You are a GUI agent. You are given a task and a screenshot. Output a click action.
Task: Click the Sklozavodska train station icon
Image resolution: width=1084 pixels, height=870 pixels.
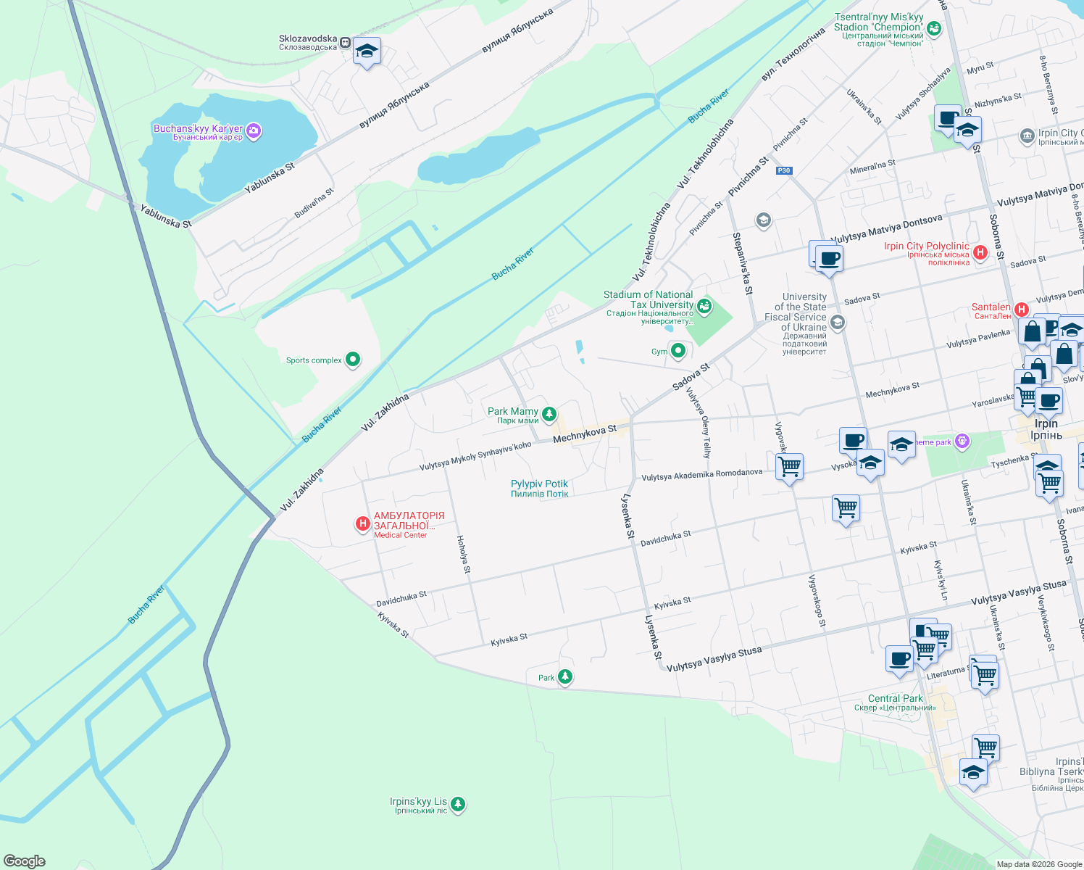pyautogui.click(x=346, y=42)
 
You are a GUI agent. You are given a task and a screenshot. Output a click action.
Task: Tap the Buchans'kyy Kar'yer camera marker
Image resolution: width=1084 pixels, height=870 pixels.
pyautogui.click(x=254, y=131)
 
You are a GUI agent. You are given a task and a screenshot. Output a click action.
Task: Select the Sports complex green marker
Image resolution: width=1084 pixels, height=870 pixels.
pyautogui.click(x=353, y=359)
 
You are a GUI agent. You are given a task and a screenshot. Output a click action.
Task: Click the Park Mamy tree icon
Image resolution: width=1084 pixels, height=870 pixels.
pyautogui.click(x=549, y=414)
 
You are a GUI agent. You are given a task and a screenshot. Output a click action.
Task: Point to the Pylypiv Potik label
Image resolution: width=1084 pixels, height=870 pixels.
pyautogui.click(x=539, y=488)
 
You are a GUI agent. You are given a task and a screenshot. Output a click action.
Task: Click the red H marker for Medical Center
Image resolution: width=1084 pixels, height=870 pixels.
pyautogui.click(x=363, y=523)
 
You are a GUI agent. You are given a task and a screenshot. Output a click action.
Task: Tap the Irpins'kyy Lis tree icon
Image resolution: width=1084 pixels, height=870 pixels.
pyautogui.click(x=457, y=803)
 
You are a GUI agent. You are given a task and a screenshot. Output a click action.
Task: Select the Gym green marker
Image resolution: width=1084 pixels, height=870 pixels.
pyautogui.click(x=678, y=351)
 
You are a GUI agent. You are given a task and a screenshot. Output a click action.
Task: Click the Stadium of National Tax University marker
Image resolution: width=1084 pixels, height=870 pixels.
pyautogui.click(x=704, y=306)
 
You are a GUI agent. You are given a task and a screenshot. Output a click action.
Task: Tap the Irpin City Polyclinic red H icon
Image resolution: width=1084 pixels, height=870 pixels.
pyautogui.click(x=980, y=252)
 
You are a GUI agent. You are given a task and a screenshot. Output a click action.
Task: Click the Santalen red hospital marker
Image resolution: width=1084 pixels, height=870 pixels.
pyautogui.click(x=1022, y=310)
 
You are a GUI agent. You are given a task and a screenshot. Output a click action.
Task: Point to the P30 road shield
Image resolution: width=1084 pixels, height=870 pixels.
pyautogui.click(x=783, y=171)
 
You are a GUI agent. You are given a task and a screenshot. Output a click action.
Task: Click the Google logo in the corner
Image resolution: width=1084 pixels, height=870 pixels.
pyautogui.click(x=25, y=861)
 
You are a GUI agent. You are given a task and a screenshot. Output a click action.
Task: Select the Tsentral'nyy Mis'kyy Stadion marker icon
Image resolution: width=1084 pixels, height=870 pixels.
pyautogui.click(x=934, y=28)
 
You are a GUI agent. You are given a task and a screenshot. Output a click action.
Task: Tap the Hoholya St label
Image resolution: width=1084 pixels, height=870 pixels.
pyautogui.click(x=464, y=555)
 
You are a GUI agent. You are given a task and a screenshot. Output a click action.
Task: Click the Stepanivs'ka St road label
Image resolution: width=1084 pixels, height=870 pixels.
pyautogui.click(x=743, y=263)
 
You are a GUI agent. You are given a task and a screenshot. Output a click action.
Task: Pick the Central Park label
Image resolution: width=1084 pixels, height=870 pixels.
pyautogui.click(x=895, y=698)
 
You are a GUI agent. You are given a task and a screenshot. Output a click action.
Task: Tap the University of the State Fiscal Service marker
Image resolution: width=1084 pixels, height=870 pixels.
pyautogui.click(x=838, y=322)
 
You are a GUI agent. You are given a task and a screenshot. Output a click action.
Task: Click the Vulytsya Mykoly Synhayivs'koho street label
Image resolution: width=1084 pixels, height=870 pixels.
pyautogui.click(x=475, y=457)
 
